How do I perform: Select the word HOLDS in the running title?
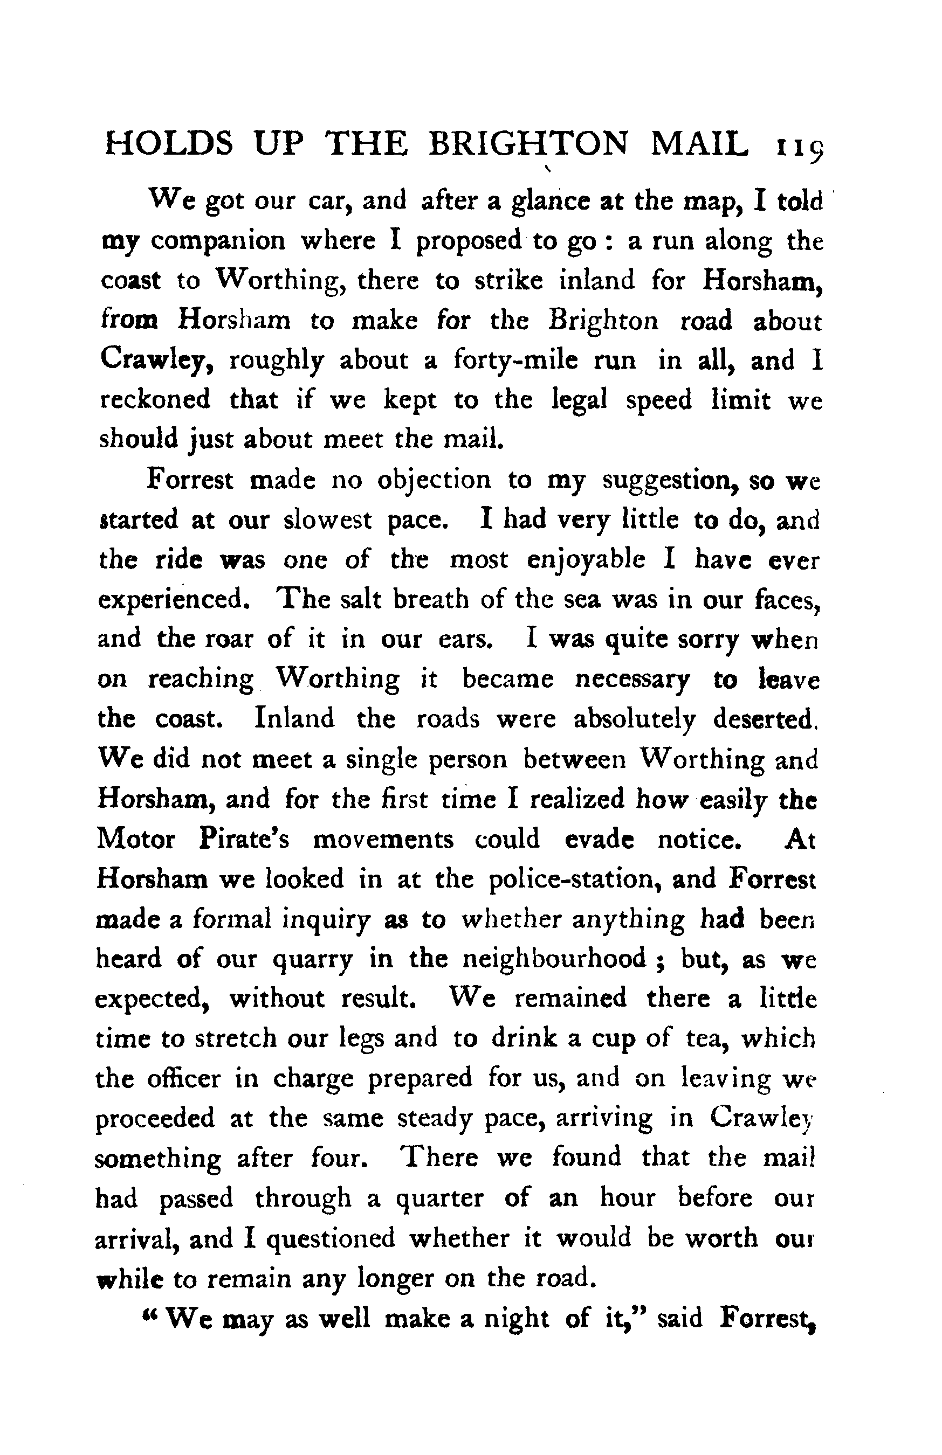pos(169,145)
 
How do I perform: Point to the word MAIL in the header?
pos(699,145)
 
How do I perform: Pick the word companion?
pos(218,241)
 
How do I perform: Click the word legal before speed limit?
pos(579,400)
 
